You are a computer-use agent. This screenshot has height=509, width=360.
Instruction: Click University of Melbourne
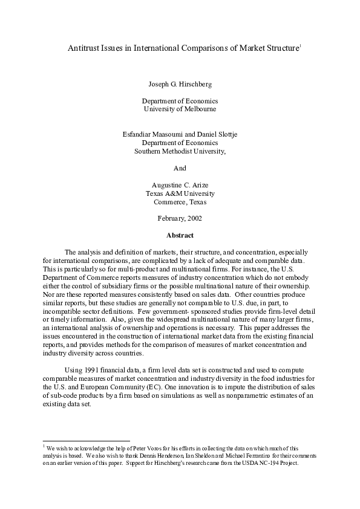[x=180, y=109]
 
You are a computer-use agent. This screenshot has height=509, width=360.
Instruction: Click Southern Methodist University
[x=180, y=151]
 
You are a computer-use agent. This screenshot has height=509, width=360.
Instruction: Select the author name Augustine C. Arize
[x=180, y=185]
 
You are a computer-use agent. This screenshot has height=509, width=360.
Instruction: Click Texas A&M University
[x=180, y=193]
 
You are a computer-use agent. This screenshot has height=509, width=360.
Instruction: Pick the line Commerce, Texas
[x=180, y=202]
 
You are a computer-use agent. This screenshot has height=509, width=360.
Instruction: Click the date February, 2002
[x=180, y=218]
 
